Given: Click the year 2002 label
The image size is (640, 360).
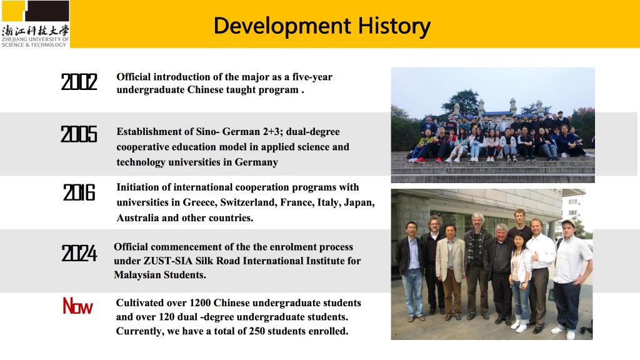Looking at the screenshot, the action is click(x=79, y=82).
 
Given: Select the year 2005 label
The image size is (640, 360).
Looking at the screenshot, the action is click(x=79, y=134).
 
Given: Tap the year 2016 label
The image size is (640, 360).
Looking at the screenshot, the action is click(x=79, y=192).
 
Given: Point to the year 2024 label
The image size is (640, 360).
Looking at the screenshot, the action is click(x=79, y=253).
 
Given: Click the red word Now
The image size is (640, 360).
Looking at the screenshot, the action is click(x=77, y=306).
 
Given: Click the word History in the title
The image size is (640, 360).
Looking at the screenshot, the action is click(x=394, y=26).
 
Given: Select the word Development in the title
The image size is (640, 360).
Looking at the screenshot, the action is click(x=282, y=26).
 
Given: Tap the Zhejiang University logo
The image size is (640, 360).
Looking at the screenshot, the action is click(x=36, y=24).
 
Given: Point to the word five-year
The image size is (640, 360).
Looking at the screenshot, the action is click(x=312, y=77).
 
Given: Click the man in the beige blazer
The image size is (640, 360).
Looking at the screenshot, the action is click(x=450, y=269).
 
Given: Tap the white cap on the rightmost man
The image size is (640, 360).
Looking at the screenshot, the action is click(x=569, y=223).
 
